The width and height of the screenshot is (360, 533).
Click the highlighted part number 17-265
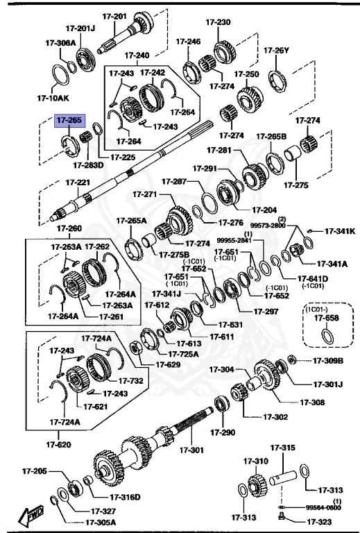click(69, 120)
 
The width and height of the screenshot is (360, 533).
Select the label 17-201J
click(80, 28)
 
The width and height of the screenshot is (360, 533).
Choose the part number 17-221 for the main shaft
click(78, 183)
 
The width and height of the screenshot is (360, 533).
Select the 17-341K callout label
click(339, 231)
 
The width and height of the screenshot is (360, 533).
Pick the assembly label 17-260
click(69, 228)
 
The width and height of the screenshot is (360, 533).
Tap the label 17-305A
click(101, 522)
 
